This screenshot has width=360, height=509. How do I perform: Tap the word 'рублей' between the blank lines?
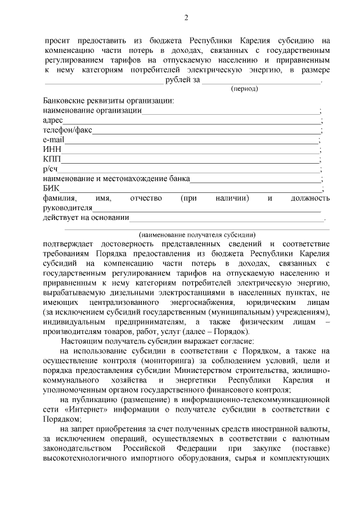pos(178,80)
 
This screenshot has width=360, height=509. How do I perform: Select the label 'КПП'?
pos(52,160)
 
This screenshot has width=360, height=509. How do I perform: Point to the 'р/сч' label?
pos(51,169)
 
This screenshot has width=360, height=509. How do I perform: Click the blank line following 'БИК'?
pos(191,190)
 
